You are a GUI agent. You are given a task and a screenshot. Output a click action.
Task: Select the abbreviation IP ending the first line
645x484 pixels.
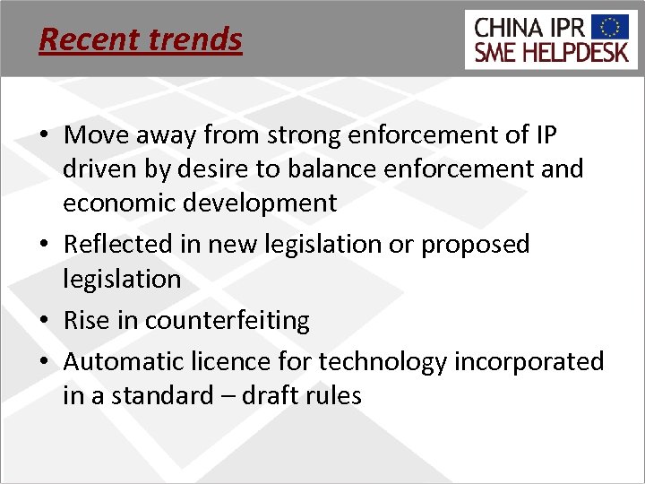coord(545,135)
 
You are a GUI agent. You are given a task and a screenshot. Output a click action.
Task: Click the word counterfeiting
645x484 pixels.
coord(228,320)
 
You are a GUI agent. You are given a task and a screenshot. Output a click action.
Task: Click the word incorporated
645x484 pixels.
coord(529,361)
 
